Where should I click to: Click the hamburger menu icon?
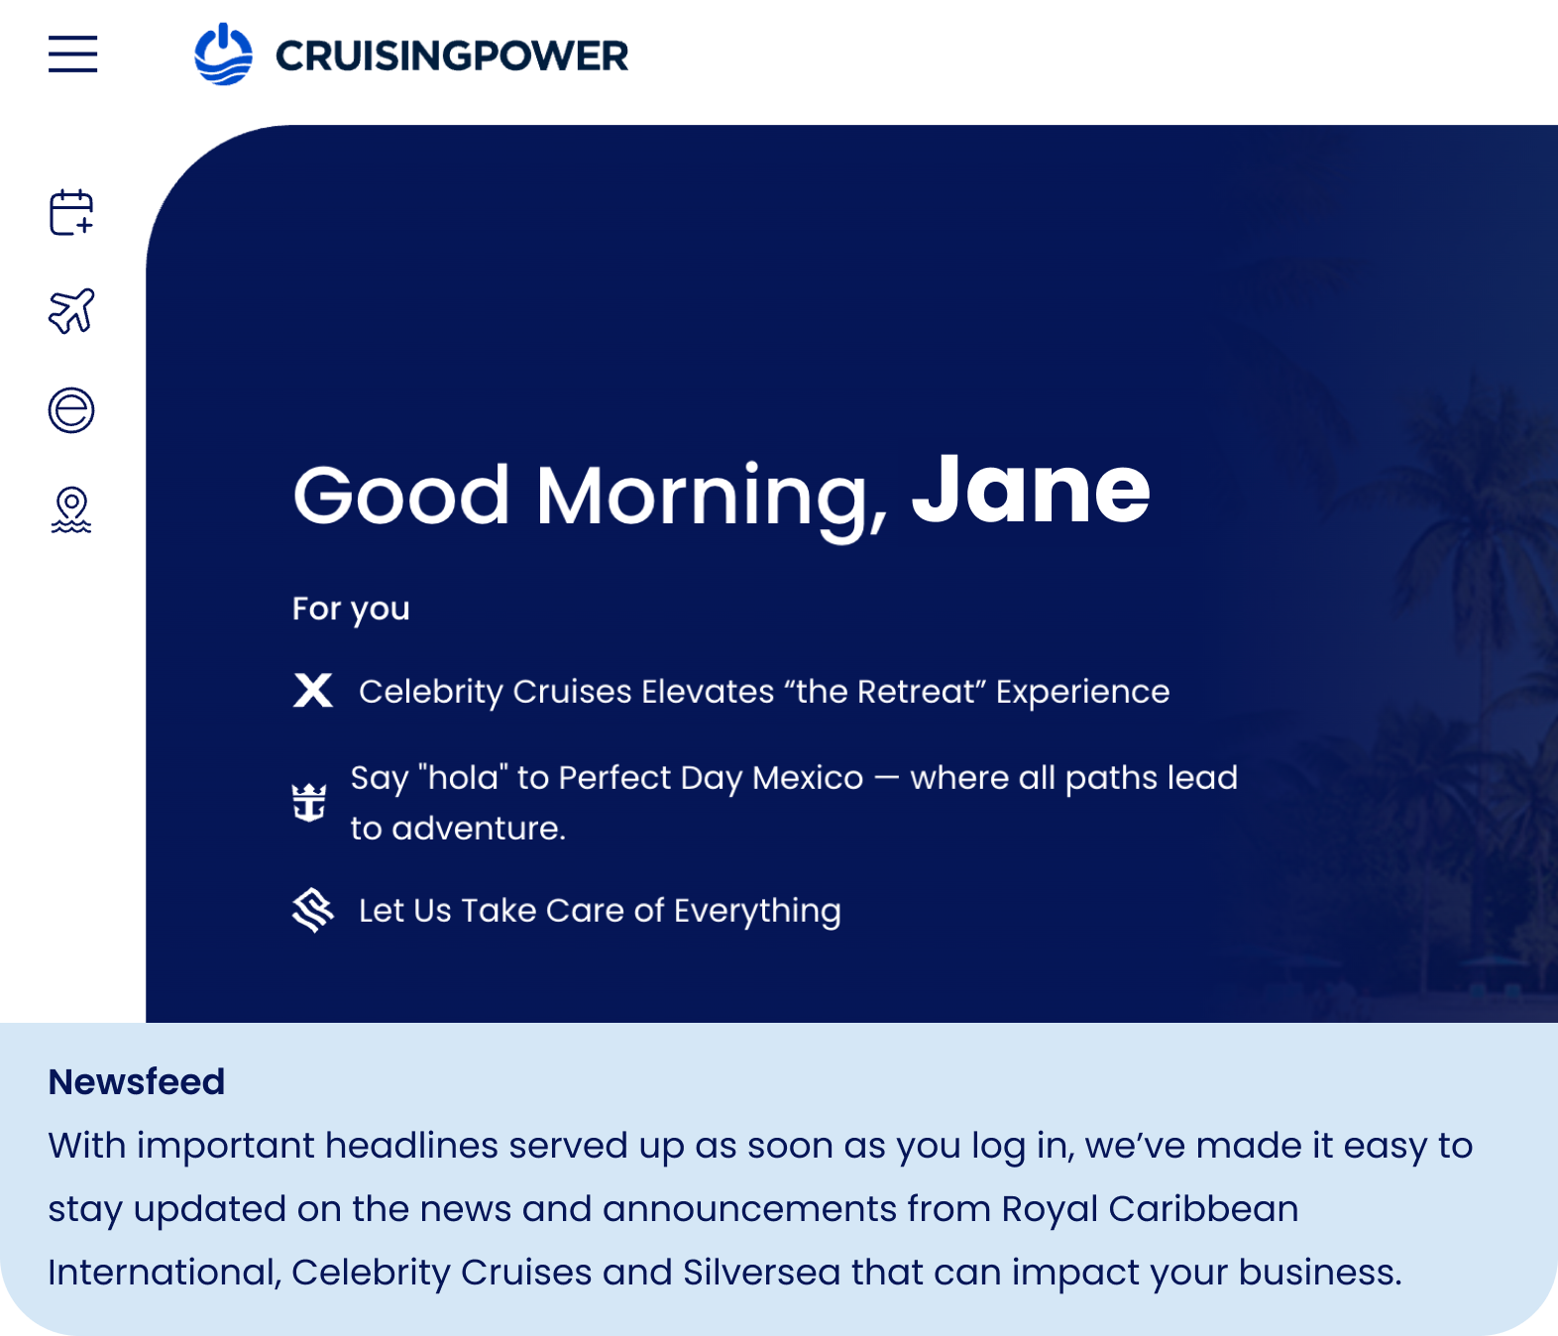click(x=73, y=54)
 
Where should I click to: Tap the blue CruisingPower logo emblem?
click(x=223, y=54)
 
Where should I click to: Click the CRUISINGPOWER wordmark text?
click(x=452, y=56)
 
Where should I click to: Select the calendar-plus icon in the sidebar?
click(x=71, y=212)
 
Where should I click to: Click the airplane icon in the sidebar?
click(x=71, y=310)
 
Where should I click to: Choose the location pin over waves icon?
click(x=71, y=509)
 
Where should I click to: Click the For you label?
click(x=351, y=610)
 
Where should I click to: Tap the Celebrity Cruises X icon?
click(x=313, y=690)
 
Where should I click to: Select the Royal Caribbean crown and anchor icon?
click(x=309, y=802)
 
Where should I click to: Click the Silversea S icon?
click(x=313, y=910)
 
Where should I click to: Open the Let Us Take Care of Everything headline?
click(x=600, y=911)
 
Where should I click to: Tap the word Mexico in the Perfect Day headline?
click(x=808, y=777)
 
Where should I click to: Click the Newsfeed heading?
click(x=137, y=1081)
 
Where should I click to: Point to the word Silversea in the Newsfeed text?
click(x=761, y=1272)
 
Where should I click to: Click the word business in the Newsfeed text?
click(x=1320, y=1272)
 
